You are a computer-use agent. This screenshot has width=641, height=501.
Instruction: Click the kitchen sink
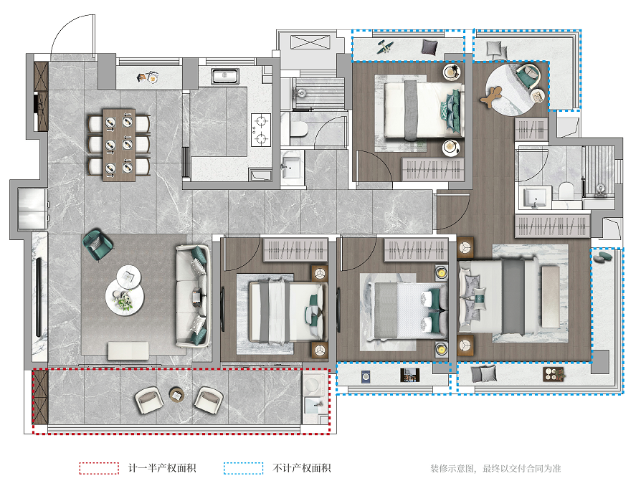[224, 77]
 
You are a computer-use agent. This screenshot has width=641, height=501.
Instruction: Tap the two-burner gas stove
[261, 130]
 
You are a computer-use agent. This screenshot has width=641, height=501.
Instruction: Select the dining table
[119, 145]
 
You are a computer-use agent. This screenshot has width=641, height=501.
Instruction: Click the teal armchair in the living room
[98, 244]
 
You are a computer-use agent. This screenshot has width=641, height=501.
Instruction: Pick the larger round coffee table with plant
[125, 299]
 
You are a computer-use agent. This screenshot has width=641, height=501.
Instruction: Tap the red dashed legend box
[100, 468]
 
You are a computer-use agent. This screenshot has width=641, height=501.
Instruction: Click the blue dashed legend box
[243, 468]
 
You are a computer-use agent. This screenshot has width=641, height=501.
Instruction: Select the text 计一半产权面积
[162, 468]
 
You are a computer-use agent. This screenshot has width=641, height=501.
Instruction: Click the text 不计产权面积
[302, 468]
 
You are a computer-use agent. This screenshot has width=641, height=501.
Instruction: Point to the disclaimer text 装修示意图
[452, 469]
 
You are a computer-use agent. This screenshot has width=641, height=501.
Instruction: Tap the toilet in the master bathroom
[566, 191]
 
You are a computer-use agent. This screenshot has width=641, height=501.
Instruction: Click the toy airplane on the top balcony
[386, 47]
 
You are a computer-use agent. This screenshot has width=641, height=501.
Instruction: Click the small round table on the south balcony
[176, 394]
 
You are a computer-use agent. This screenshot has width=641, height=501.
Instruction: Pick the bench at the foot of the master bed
[551, 297]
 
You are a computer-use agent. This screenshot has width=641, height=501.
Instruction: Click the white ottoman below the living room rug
[128, 351]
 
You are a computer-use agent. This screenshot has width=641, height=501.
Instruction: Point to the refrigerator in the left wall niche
[33, 209]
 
